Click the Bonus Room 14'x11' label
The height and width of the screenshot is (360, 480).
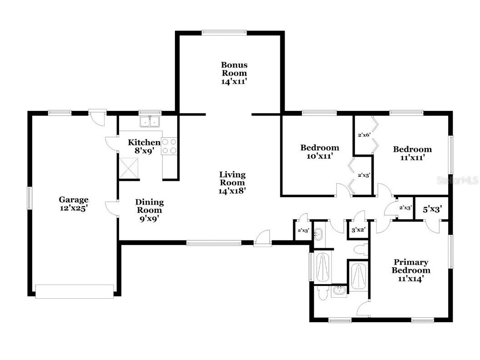[234, 73]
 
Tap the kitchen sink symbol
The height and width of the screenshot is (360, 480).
[150, 121]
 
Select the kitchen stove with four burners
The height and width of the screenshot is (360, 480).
[169, 146]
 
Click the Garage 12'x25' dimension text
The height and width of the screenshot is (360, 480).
[74, 204]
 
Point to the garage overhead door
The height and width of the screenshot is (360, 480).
[75, 291]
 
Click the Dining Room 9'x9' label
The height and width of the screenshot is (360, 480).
[150, 210]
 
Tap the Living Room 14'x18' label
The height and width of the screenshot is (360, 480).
[232, 183]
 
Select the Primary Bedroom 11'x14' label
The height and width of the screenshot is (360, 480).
[411, 270]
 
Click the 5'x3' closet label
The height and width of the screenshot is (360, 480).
[432, 210]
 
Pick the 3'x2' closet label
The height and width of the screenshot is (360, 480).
[358, 230]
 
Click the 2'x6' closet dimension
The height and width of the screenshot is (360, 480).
[364, 135]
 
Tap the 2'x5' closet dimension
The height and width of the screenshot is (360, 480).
[364, 175]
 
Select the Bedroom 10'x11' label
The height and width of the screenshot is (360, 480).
[320, 152]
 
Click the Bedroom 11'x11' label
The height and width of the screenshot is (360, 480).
[412, 153]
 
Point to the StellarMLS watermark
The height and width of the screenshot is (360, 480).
[458, 180]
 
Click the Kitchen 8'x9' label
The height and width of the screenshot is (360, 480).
[144, 146]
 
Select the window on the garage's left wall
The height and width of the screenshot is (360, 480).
[29, 198]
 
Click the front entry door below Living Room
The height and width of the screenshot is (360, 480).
[262, 239]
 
